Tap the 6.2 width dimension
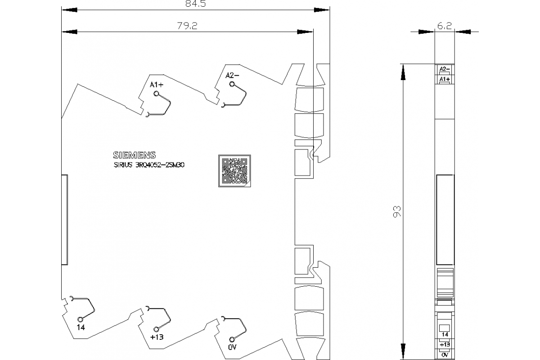pos(444,27)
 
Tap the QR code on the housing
pos(234,171)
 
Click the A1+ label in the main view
pos(157,85)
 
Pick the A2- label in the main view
pos(232,76)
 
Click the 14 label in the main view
pos(81,327)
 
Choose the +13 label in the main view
pos(156,337)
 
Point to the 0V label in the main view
pos(232,347)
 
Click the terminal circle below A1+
pos(157,94)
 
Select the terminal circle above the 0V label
pos(232,339)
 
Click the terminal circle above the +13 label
pos(157,329)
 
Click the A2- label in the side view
pos(445,69)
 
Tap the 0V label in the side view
pos(445,355)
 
